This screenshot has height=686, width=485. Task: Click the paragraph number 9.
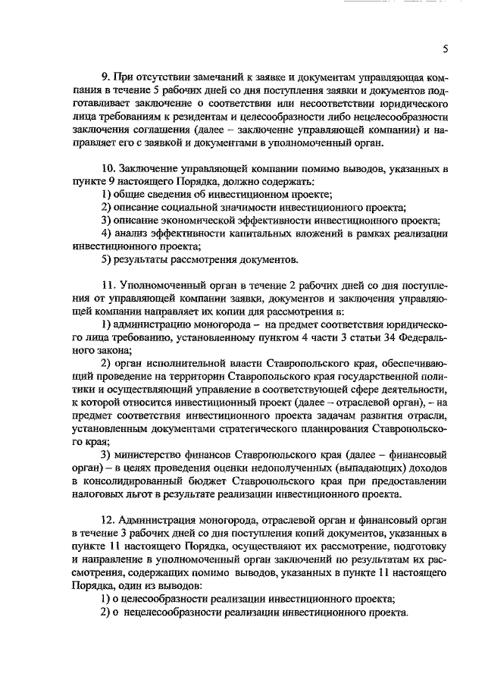tap(105, 77)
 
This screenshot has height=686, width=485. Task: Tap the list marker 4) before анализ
tap(107, 234)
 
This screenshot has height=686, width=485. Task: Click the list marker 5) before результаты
tap(107, 261)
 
